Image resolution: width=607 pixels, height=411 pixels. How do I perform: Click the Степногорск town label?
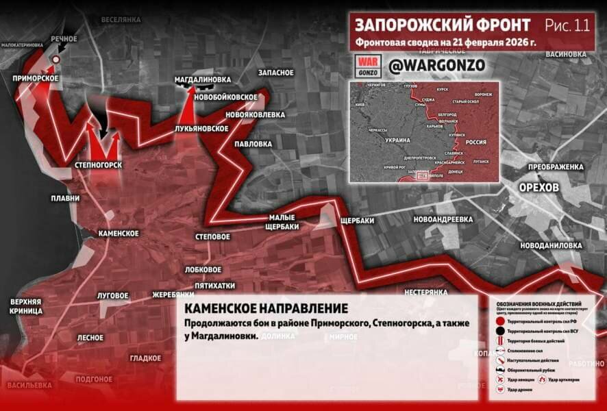point(98,166)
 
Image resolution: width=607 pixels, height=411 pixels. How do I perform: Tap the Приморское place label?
point(35,78)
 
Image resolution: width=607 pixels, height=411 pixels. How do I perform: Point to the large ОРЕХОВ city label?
point(538,187)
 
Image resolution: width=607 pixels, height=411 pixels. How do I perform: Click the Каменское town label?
point(119,234)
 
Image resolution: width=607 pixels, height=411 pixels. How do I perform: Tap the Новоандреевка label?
point(443,219)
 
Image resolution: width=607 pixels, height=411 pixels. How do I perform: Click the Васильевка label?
point(29,385)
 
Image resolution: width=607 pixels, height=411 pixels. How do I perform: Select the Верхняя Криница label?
point(26,306)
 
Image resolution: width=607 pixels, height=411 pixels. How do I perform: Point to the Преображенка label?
point(556,166)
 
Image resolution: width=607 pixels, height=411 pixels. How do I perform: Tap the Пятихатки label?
point(214,286)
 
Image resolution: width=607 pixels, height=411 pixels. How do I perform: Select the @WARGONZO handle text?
point(437,64)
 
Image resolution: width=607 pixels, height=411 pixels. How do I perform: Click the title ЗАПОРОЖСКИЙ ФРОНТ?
point(443,25)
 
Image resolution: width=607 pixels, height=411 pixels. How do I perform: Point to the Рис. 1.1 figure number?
point(567,25)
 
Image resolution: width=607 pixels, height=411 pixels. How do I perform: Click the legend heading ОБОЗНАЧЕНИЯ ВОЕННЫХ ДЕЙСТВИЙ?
point(539,303)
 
